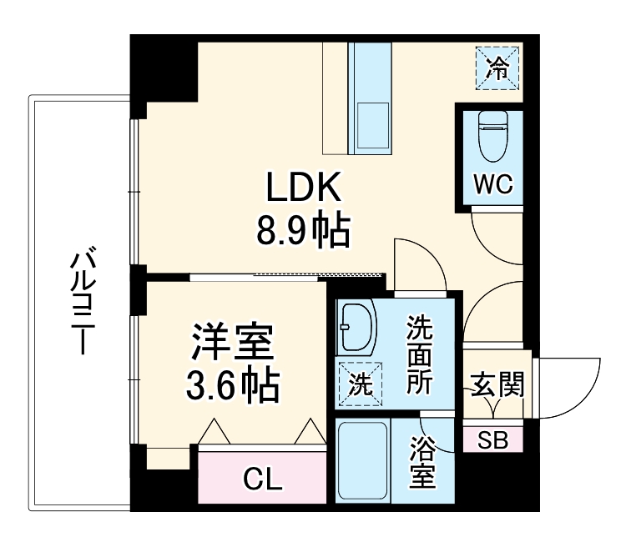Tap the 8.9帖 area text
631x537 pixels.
pos(302,230)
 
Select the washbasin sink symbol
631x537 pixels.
pos(358,329)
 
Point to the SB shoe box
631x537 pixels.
pos(492,440)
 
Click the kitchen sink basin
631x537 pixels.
pos(373,124)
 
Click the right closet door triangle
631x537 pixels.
pos(308,432)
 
